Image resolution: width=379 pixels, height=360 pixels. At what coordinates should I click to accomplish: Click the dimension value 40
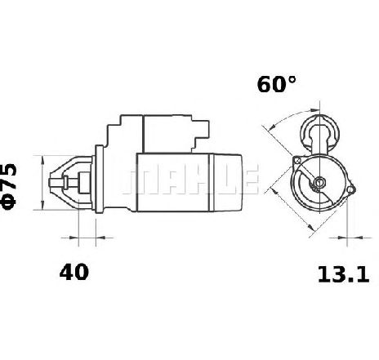click(x=74, y=272)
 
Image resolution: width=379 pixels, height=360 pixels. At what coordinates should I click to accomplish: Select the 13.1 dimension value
click(x=344, y=274)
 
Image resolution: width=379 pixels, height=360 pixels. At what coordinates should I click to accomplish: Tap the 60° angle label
click(x=276, y=84)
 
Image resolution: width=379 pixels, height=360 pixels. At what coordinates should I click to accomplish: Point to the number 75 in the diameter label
click(x=8, y=176)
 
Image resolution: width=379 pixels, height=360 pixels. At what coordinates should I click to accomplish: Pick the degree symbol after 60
click(x=292, y=79)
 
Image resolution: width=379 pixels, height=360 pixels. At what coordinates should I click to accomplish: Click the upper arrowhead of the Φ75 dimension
click(x=42, y=160)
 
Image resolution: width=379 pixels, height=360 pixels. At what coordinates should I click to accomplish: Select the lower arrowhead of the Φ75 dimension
click(x=42, y=206)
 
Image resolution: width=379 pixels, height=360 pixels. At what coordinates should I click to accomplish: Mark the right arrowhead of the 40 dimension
click(x=100, y=238)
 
